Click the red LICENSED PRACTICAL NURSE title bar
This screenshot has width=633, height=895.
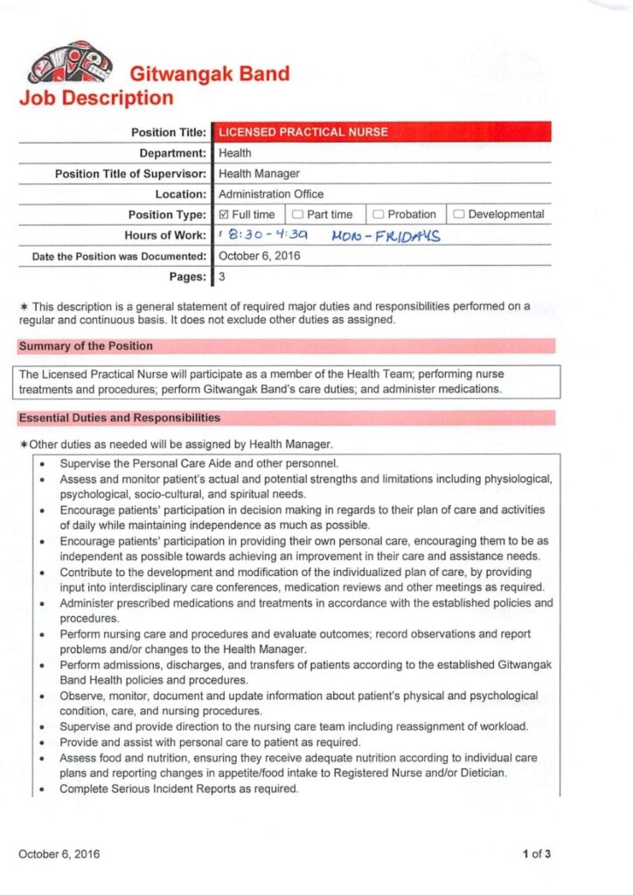click(382, 132)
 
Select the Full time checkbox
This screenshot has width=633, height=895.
click(223, 214)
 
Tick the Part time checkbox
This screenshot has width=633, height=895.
click(297, 214)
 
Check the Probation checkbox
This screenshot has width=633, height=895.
click(379, 214)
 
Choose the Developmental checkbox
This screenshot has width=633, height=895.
click(459, 214)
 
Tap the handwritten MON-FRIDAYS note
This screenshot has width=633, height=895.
click(386, 236)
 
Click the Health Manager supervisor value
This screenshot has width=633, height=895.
click(259, 174)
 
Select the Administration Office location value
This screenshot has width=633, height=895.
click(271, 194)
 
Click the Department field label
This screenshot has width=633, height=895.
click(172, 153)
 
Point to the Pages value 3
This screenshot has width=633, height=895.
click(222, 277)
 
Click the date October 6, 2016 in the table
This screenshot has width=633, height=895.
click(259, 256)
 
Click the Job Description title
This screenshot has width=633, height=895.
click(96, 98)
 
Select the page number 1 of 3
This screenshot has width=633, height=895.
click(536, 854)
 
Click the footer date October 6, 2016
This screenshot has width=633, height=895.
click(59, 854)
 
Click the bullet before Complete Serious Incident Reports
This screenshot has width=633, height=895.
click(44, 789)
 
